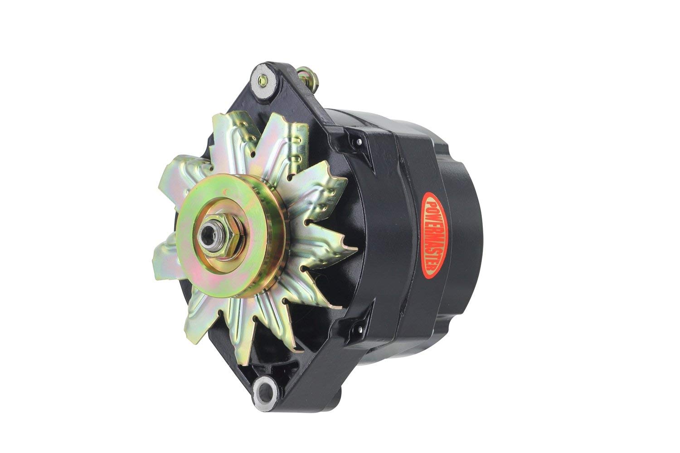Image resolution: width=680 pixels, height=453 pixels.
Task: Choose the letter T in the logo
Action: [433, 259]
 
